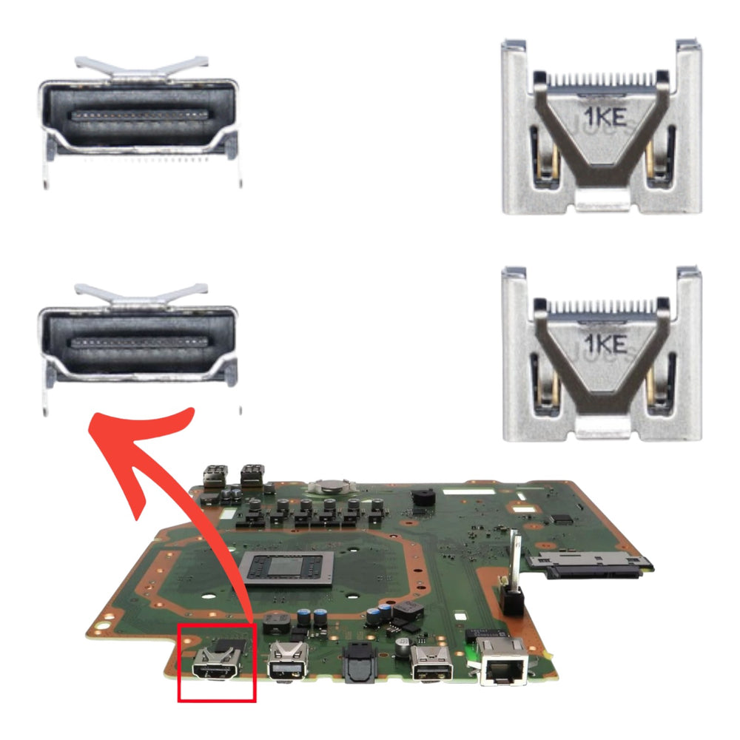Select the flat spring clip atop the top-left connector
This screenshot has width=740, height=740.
[141, 66]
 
